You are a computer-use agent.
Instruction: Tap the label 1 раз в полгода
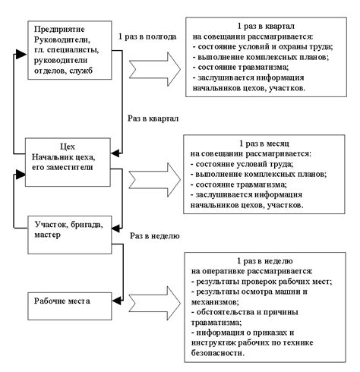(147, 36)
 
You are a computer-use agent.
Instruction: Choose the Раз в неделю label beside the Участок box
(155, 235)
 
